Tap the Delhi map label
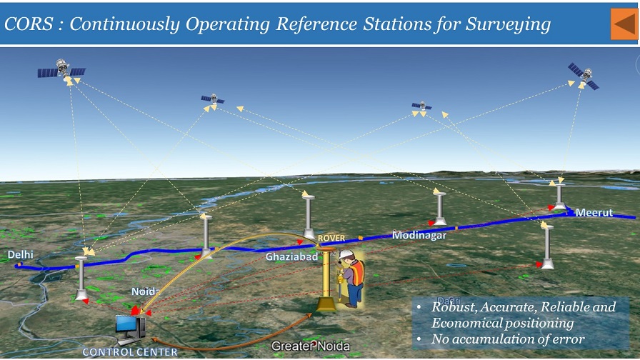pyautogui.click(x=20, y=255)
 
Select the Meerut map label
pyautogui.click(x=594, y=213)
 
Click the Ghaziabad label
pyautogui.click(x=291, y=256)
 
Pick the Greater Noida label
pyautogui.click(x=311, y=347)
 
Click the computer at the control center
pyautogui.click(x=131, y=327)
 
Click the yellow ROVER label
pyautogui.click(x=331, y=238)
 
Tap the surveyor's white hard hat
pyautogui.click(x=346, y=254)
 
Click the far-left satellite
pyautogui.click(x=62, y=70)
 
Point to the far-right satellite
pyautogui.click(x=583, y=74)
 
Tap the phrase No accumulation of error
pyautogui.click(x=508, y=339)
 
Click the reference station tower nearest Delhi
pyautogui.click(x=81, y=279)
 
